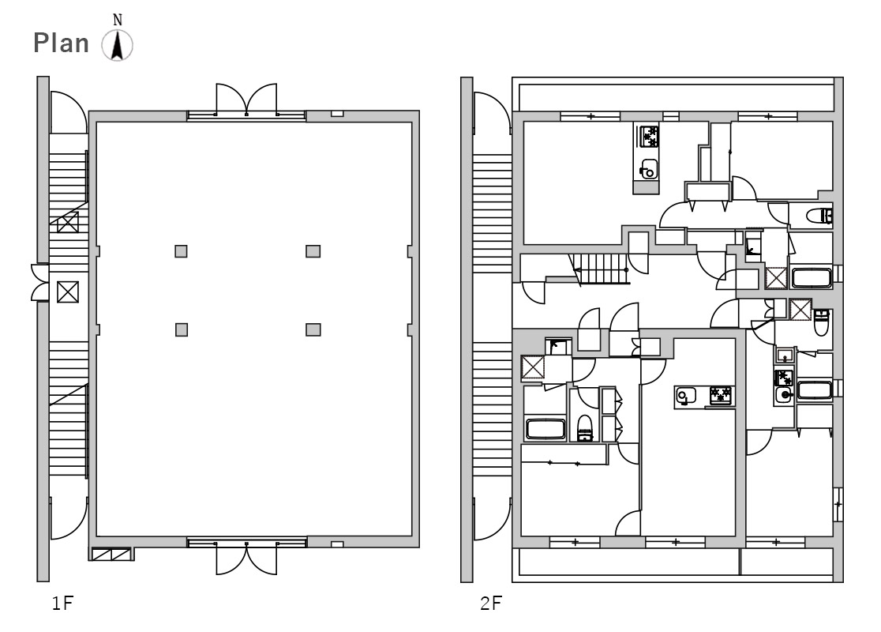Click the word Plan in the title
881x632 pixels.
pyautogui.click(x=62, y=43)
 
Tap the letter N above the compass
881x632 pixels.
pyautogui.click(x=118, y=21)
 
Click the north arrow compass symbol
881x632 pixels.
pyautogui.click(x=118, y=46)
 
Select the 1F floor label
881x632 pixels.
pyautogui.click(x=63, y=604)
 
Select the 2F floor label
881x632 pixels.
pyautogui.click(x=491, y=604)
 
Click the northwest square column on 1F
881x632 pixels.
pyautogui.click(x=181, y=251)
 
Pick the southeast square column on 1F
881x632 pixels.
pyautogui.click(x=313, y=329)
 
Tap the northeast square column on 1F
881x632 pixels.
pyautogui.click(x=313, y=251)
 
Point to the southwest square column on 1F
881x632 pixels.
pyautogui.click(x=181, y=329)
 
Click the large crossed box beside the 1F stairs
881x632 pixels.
pyautogui.click(x=68, y=292)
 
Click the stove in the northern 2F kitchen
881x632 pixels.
pyautogui.click(x=648, y=136)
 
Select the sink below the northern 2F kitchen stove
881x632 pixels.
pyautogui.click(x=648, y=169)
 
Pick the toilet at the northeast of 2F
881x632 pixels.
pyautogui.click(x=819, y=216)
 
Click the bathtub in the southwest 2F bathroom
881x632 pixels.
pyautogui.click(x=545, y=428)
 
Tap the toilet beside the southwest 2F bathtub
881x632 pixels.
pyautogui.click(x=585, y=428)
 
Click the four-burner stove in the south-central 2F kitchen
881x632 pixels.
pyautogui.click(x=720, y=396)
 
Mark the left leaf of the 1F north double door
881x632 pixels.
pyautogui.click(x=231, y=99)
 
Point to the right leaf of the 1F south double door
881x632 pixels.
pyautogui.click(x=261, y=559)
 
